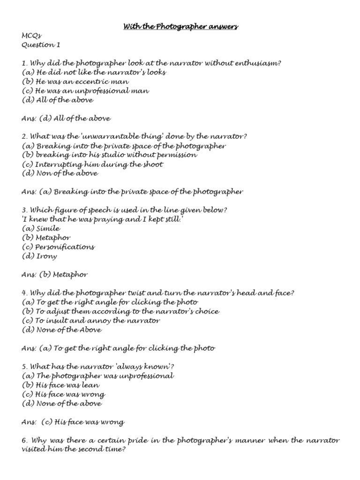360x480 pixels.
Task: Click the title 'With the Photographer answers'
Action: tap(180, 27)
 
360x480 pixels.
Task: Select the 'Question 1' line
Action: tap(41, 45)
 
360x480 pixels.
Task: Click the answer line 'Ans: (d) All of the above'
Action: tap(66, 118)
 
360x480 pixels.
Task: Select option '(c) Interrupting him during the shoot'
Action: tap(92, 164)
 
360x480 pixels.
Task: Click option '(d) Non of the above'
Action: tap(60, 173)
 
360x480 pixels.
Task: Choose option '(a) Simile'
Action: tap(41, 228)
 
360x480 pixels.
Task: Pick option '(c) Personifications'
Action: tap(58, 247)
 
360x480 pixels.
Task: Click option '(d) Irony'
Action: tap(39, 256)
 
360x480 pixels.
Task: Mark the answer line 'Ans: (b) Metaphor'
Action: tap(55, 274)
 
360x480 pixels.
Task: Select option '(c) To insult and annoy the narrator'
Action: tap(91, 320)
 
